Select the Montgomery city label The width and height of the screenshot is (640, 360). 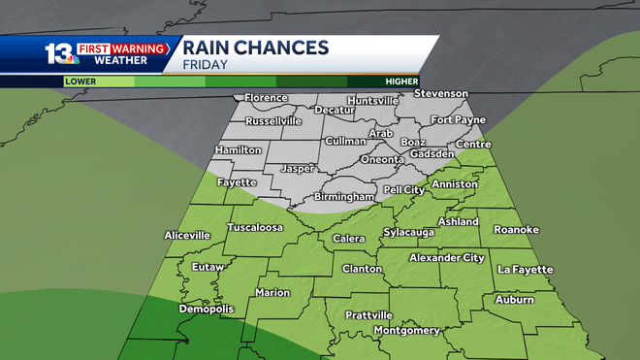[406, 331]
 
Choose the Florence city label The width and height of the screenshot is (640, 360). [266, 98]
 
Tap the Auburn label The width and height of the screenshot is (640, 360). [514, 301]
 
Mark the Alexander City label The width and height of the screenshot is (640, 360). [446, 257]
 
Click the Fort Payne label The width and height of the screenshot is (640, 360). [458, 120]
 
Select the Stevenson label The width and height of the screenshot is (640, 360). [441, 93]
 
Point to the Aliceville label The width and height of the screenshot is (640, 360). [187, 235]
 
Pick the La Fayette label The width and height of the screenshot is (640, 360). [525, 269]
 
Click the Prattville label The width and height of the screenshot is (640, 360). [368, 315]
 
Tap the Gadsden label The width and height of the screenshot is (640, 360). [432, 153]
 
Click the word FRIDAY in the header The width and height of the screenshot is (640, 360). [208, 65]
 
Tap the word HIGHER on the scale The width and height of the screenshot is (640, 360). [400, 82]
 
